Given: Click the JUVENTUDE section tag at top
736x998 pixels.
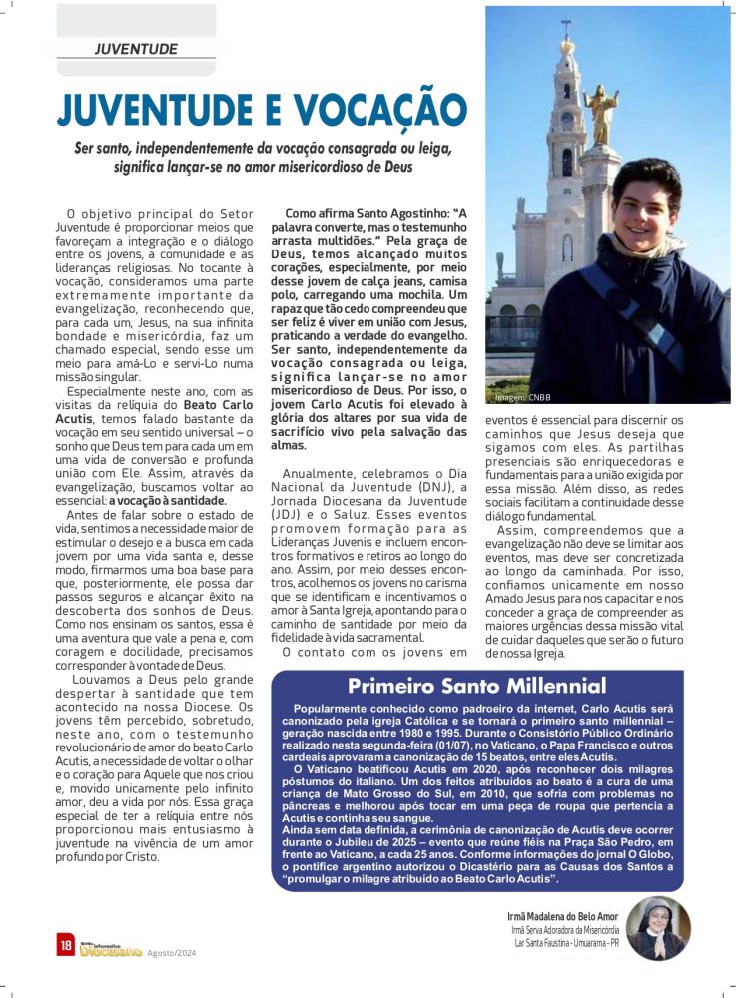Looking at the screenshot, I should (x=136, y=48).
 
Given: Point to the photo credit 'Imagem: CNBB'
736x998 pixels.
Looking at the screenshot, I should (x=523, y=396).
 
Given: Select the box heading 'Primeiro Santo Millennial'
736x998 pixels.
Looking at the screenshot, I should (x=476, y=686).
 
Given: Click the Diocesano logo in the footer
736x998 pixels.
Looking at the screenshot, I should (x=110, y=949).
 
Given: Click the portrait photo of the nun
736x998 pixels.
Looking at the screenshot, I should (x=659, y=927).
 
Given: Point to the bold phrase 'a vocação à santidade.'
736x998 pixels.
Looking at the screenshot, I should (x=168, y=499).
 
